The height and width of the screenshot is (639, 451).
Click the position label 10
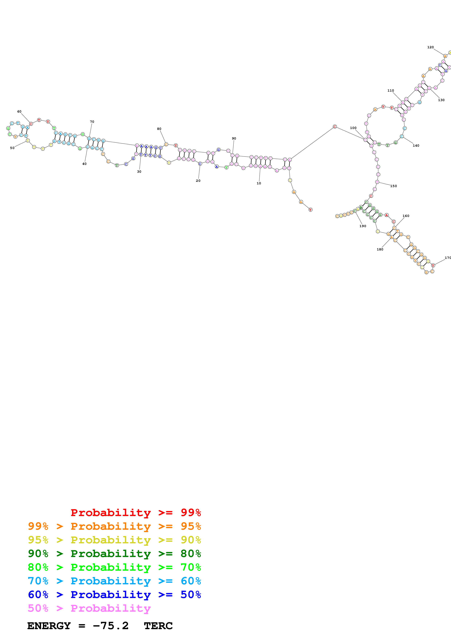click(259, 183)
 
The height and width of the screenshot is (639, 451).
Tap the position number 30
click(139, 171)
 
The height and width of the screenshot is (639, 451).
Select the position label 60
click(19, 111)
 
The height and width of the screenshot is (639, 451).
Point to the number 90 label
click(234, 138)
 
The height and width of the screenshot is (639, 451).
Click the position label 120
click(430, 47)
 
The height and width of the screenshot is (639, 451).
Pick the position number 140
click(416, 146)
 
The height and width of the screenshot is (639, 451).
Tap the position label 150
click(394, 186)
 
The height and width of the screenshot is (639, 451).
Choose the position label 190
click(363, 226)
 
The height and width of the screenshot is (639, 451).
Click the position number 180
click(380, 249)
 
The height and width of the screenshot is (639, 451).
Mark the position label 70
click(92, 122)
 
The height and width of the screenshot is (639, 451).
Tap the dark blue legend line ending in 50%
click(114, 595)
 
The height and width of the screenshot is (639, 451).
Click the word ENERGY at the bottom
click(49, 626)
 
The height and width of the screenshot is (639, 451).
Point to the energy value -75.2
click(111, 626)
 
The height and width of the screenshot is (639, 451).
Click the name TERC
click(158, 626)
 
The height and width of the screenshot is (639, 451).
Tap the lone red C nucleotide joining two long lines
click(335, 127)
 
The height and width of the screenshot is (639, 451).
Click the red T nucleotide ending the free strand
click(310, 209)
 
